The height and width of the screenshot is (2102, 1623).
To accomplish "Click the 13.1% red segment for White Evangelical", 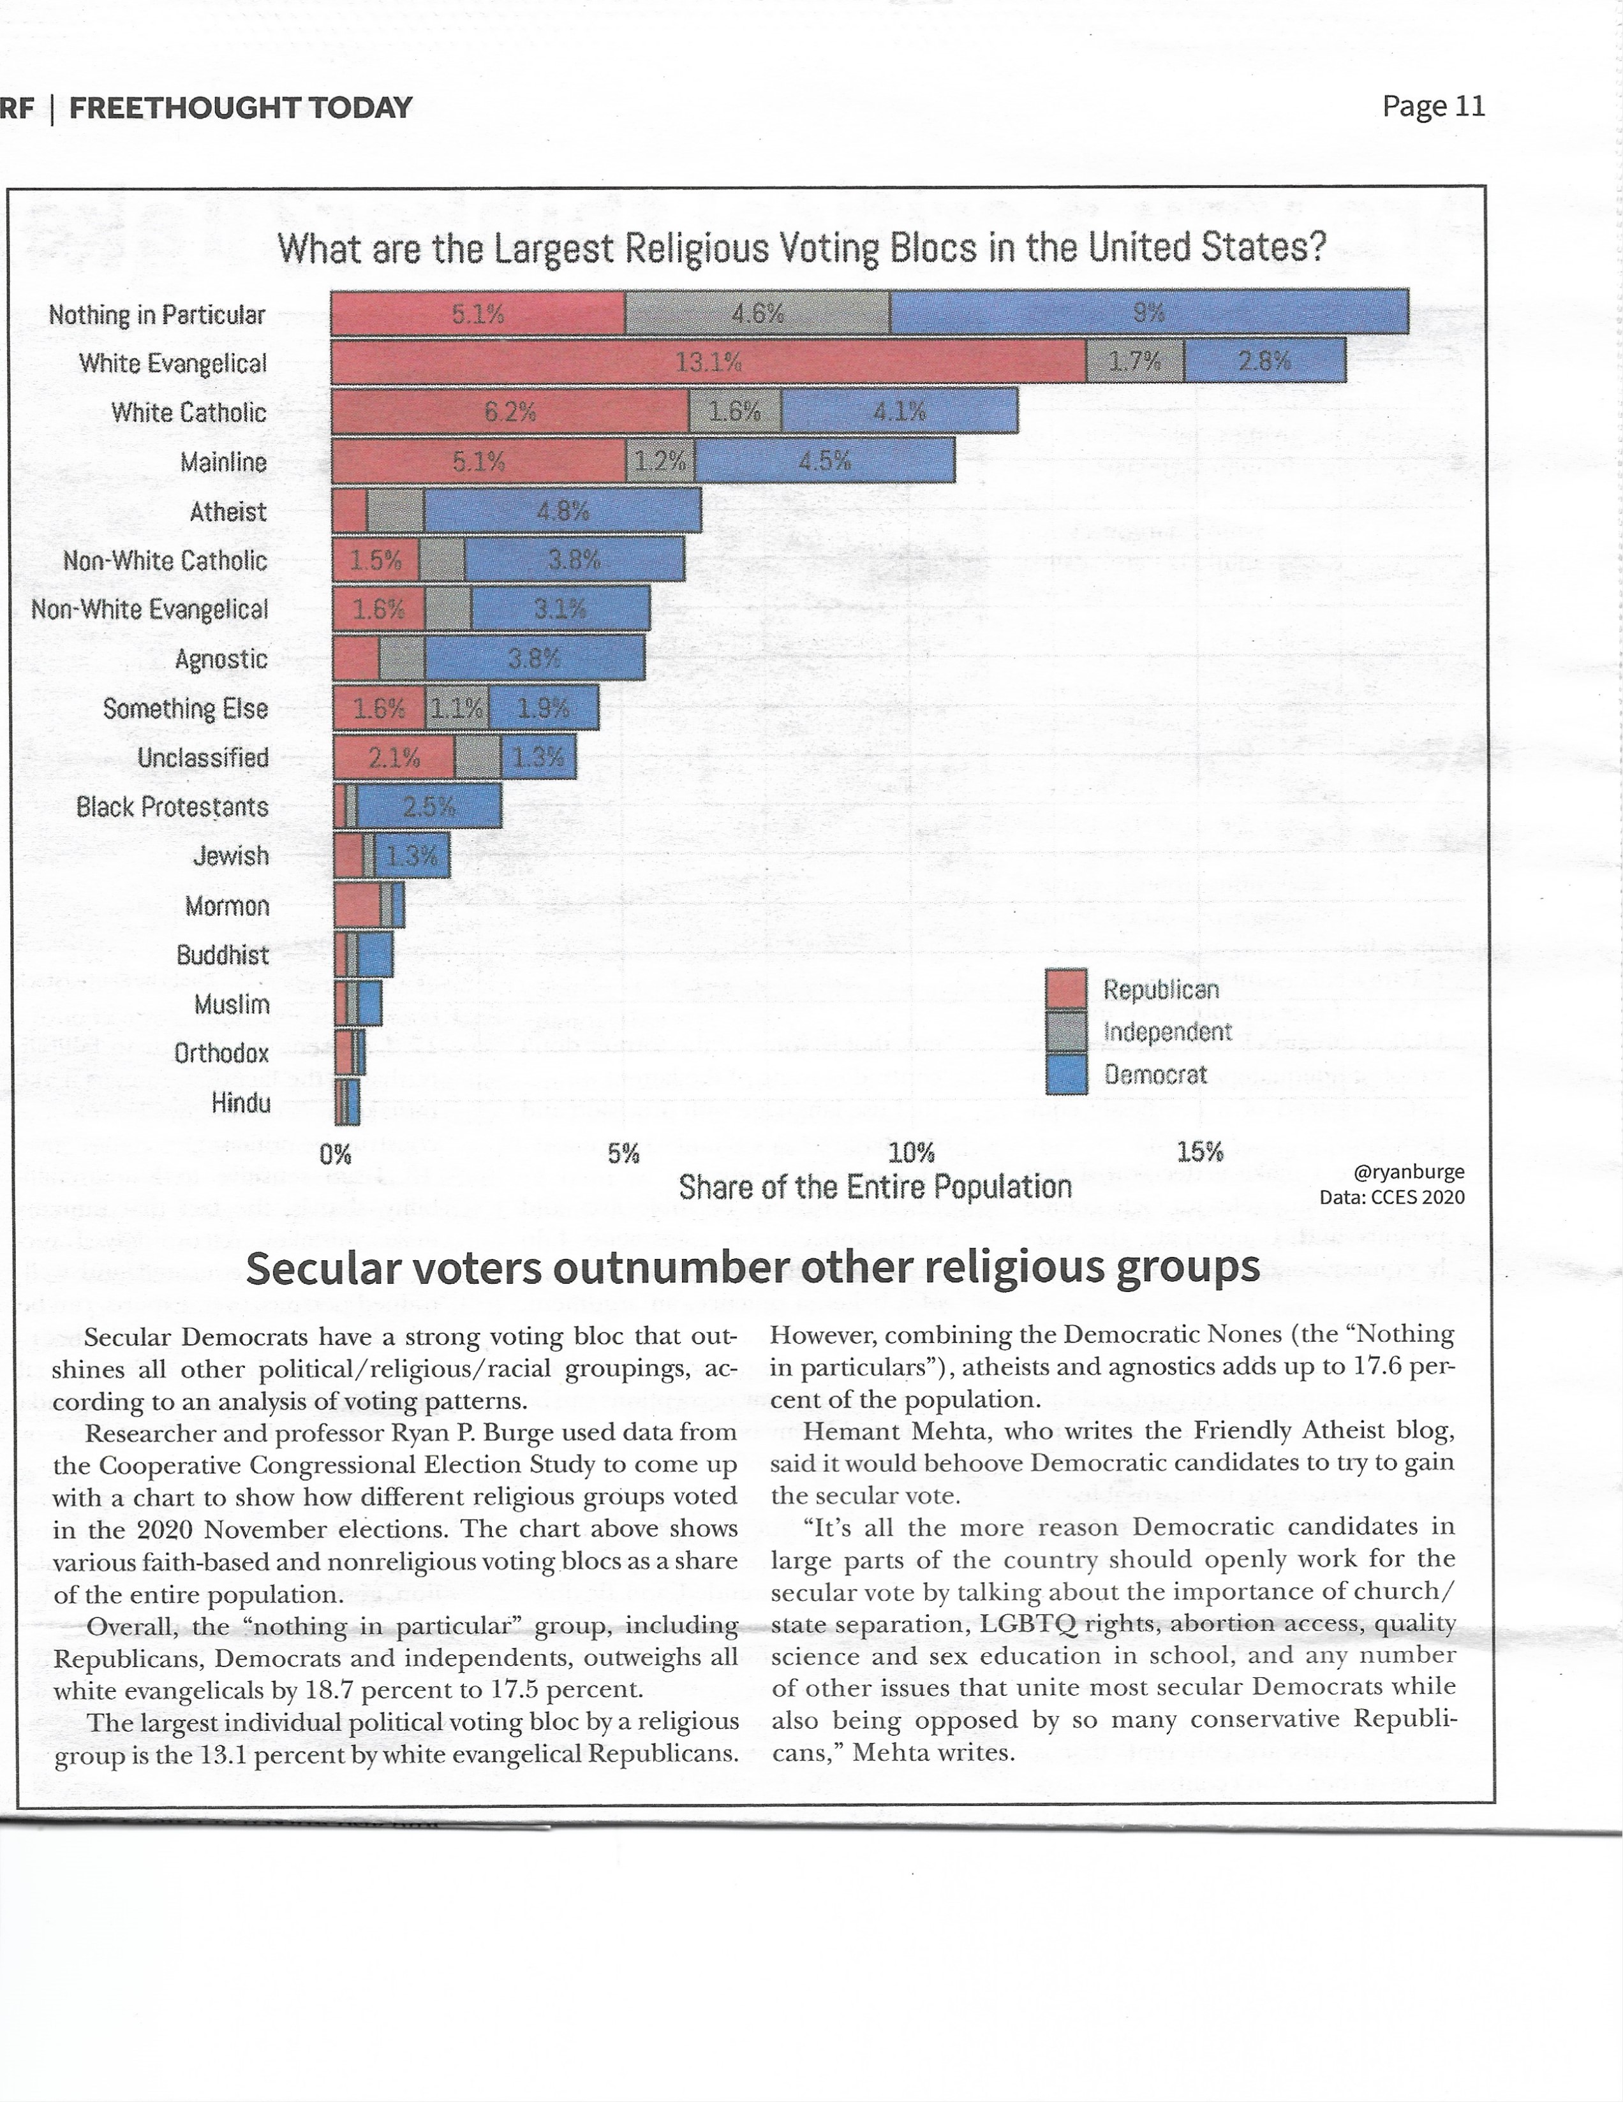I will [709, 361].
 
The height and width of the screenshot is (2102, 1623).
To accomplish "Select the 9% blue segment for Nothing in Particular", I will [1150, 312].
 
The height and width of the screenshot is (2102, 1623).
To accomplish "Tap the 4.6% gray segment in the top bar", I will [758, 312].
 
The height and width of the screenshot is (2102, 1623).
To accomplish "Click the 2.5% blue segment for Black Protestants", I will [429, 805].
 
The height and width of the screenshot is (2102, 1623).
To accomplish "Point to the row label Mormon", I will [227, 906].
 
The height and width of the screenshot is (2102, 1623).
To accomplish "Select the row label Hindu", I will [241, 1102].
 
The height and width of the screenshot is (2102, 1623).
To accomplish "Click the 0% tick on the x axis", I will [335, 1153].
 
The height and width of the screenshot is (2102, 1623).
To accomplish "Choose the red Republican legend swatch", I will [1065, 989].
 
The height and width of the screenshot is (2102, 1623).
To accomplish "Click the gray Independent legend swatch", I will [1065, 1031].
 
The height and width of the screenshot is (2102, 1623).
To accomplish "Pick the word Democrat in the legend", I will [1155, 1074].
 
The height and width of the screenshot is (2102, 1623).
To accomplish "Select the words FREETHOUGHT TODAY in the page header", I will [241, 108].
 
